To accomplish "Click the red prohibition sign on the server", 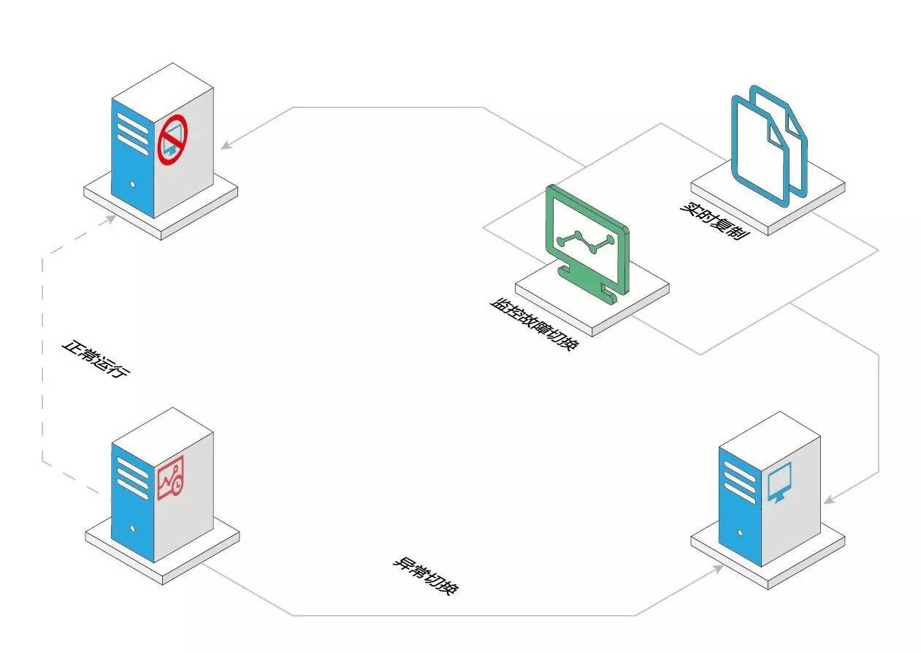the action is click(x=172, y=140).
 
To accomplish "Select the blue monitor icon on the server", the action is click(x=779, y=482).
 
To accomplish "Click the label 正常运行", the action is click(x=96, y=359).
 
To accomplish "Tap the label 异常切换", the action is click(x=425, y=576).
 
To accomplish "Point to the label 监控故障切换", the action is click(x=535, y=324).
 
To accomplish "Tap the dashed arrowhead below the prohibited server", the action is click(x=110, y=219).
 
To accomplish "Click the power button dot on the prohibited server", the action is click(x=132, y=184).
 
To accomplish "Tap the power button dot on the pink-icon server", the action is click(x=132, y=529).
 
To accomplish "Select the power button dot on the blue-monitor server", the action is click(x=740, y=533).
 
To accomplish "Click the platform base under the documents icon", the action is click(x=768, y=196).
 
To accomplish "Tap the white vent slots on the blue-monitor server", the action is click(x=740, y=482).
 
